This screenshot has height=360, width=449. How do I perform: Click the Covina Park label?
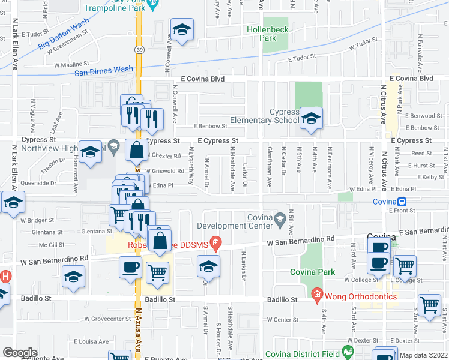(x=313, y=272)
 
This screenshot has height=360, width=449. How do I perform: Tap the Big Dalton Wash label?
(x=63, y=36)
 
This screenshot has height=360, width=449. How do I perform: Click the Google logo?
(x=20, y=352)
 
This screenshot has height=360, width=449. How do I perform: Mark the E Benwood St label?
(x=423, y=115)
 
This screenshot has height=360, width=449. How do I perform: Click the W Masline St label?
(x=71, y=62)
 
